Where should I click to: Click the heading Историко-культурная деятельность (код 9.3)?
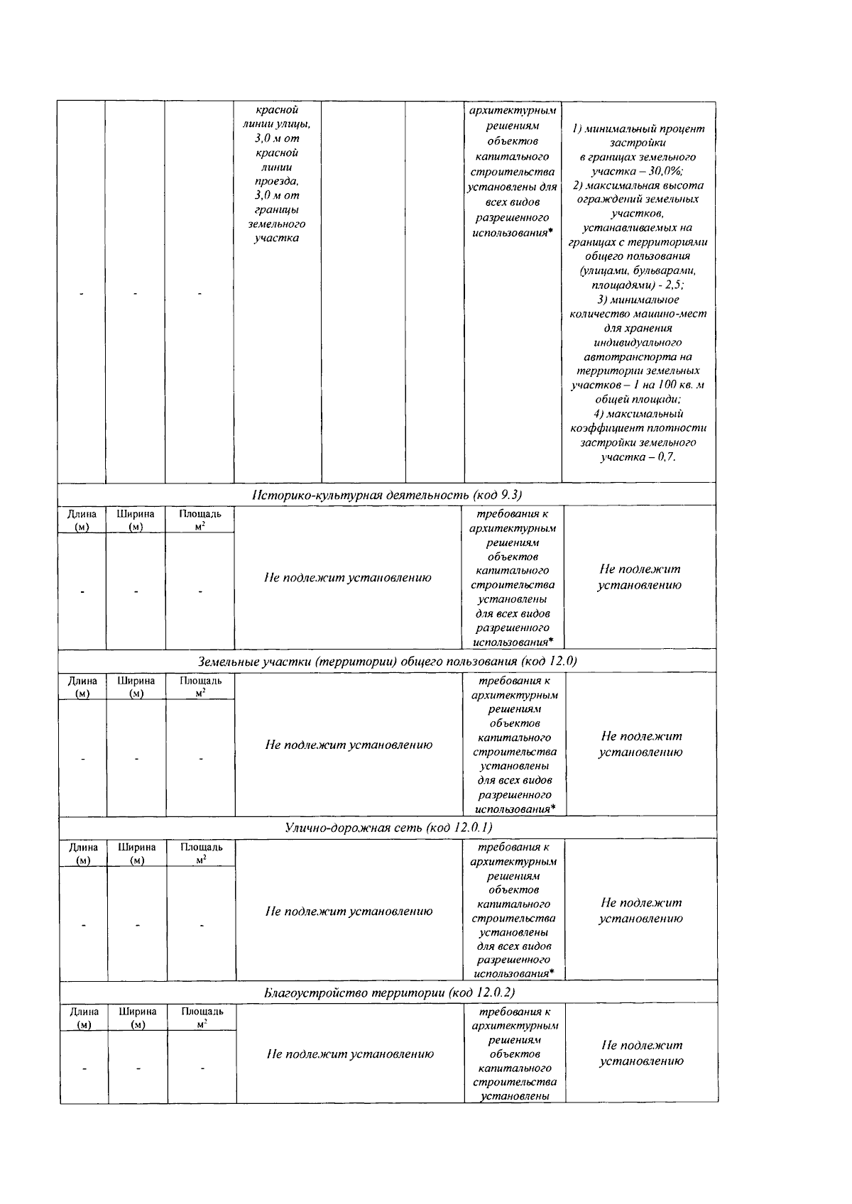(x=387, y=495)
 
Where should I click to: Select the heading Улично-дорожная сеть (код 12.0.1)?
(x=388, y=828)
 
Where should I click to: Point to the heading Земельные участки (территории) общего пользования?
(x=387, y=662)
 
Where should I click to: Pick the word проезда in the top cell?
(x=277, y=181)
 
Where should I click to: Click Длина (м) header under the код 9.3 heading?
(x=82, y=519)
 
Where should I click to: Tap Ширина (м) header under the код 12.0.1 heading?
(x=137, y=853)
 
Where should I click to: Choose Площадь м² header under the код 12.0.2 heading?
(x=202, y=1017)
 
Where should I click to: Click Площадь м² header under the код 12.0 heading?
(x=200, y=686)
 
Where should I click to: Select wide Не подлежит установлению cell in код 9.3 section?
(x=348, y=578)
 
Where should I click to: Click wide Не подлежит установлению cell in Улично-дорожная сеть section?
(x=349, y=912)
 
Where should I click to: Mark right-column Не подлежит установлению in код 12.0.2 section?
(x=641, y=1053)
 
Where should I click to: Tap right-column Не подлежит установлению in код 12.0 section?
(x=640, y=744)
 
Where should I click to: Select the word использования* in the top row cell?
(x=512, y=232)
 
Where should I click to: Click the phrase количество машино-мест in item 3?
(x=638, y=313)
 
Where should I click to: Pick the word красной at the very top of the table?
(x=277, y=110)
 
